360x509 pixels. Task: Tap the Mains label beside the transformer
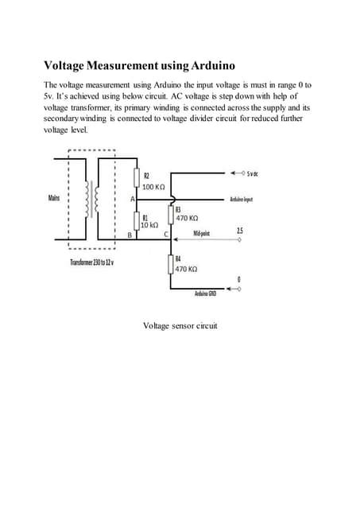coord(55,196)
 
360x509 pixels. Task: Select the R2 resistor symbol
coord(137,177)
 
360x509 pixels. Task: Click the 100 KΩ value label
coord(153,186)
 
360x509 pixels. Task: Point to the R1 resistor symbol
coord(137,220)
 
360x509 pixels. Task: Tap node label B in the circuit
coord(130,235)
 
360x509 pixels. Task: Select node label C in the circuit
coord(166,235)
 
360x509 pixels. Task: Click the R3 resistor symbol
coord(171,213)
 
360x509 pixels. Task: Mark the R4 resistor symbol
coord(171,264)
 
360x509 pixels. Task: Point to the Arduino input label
coord(242,199)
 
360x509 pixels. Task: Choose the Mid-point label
coord(201,233)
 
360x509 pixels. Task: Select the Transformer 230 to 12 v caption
coord(92,262)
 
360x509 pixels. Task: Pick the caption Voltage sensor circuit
coord(180,325)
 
